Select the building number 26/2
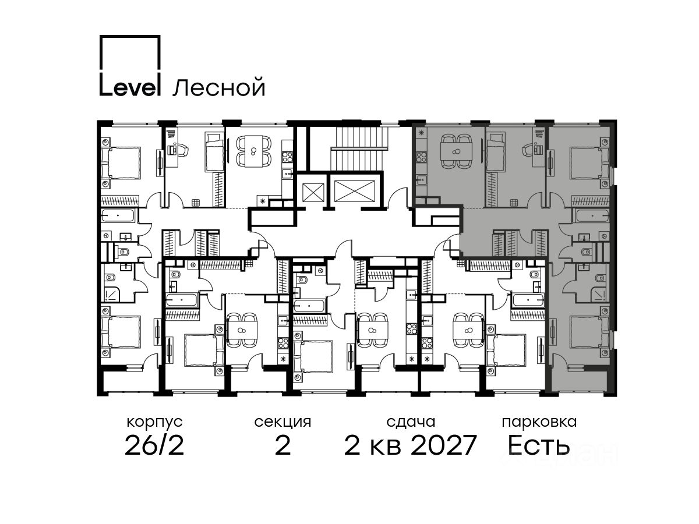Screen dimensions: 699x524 154,445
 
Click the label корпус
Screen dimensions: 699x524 154,422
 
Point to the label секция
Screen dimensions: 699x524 283,422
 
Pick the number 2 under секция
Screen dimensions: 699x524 283,445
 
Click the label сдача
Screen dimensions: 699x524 411,422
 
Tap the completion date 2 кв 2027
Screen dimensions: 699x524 410,445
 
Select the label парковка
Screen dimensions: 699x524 539,422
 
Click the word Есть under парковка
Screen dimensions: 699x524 538,445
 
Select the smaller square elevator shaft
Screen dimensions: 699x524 313,192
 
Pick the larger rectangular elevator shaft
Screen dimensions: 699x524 355,191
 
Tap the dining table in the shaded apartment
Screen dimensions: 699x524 456,151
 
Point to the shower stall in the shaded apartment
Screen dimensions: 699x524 599,295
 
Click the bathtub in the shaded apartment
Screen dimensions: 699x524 592,215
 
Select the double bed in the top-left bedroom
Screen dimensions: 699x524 121,162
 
